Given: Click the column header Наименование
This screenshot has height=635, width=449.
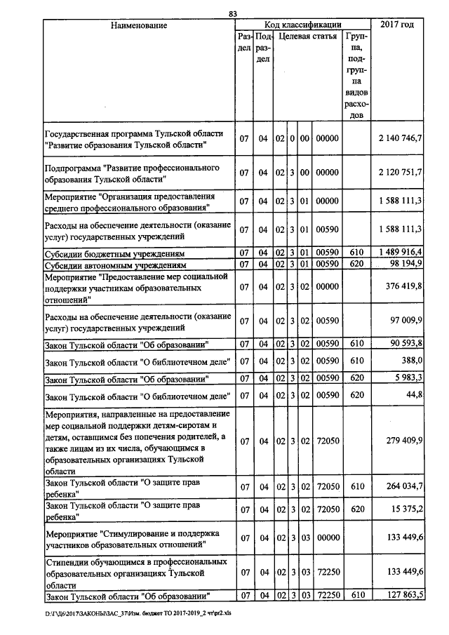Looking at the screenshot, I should [138, 25].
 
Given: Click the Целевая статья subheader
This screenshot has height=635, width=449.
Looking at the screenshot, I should [306, 36].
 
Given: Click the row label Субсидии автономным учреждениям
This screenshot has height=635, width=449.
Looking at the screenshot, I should [114, 264].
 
